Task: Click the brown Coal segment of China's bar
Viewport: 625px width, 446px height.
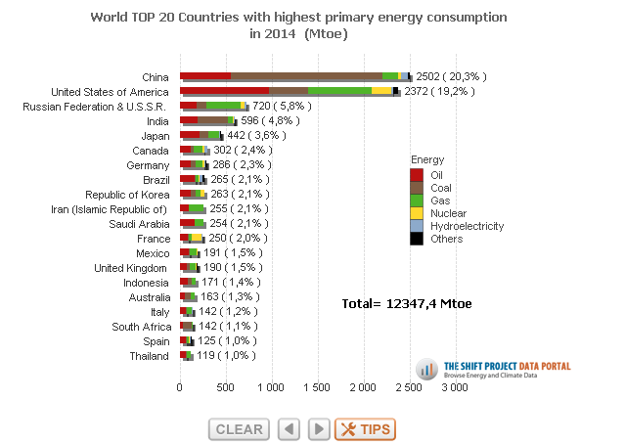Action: pos(306,75)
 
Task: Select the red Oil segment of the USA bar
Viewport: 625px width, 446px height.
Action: pos(224,90)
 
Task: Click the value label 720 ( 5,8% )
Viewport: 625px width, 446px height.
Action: pos(283,106)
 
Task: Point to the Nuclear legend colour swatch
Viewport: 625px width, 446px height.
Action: pos(417,212)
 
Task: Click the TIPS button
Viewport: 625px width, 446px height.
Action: pos(365,428)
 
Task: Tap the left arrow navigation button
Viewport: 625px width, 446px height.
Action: pos(289,428)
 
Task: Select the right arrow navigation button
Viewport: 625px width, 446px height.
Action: pos(319,428)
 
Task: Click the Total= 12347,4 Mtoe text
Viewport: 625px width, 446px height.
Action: pos(407,304)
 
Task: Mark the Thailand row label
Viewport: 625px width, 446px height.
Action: pos(151,356)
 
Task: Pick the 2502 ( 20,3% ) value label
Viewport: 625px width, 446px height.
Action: pos(451,76)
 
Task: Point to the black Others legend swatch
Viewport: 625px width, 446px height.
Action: pos(417,238)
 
